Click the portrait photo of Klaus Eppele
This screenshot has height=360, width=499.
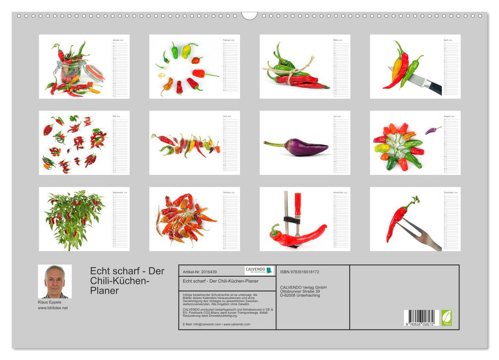(54, 281)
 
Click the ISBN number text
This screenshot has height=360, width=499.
(300, 272)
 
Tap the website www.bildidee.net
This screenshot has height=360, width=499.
(53, 308)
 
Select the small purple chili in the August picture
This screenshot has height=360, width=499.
(433, 130)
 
